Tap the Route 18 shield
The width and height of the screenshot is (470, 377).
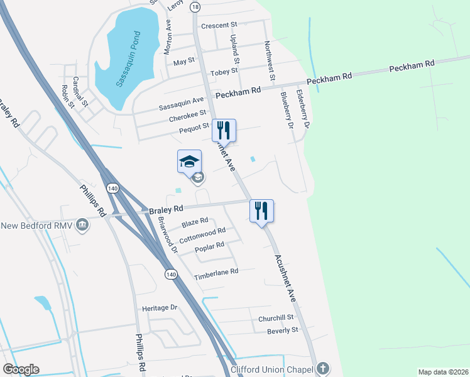point(195,6)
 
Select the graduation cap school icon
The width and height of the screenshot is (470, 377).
point(190,162)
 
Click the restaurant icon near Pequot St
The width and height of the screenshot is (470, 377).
point(224,130)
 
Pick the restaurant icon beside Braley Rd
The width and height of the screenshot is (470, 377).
point(261,210)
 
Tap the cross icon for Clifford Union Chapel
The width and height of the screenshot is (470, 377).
point(322,368)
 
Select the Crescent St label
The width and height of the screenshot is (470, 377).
point(218,26)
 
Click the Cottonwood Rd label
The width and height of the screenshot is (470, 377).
point(202,236)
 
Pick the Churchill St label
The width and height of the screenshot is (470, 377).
point(276,319)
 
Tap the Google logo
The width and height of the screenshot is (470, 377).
point(21,369)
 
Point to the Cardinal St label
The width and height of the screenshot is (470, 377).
point(80,91)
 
